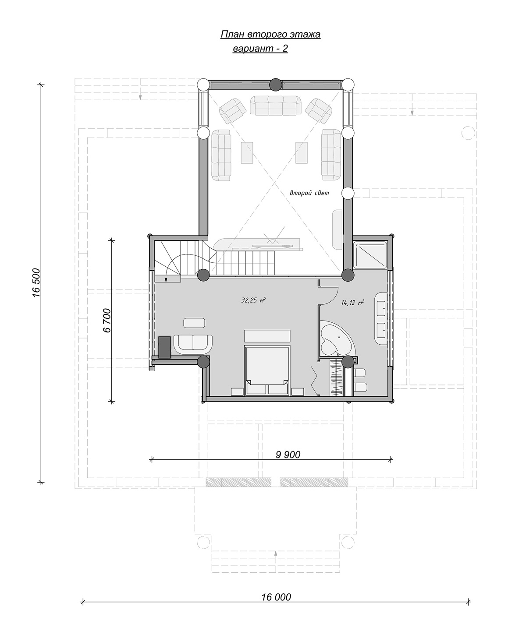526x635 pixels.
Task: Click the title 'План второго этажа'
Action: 270,35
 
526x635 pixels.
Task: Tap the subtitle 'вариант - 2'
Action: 260,49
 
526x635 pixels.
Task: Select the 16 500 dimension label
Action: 36,282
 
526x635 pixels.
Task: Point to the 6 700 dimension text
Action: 107,321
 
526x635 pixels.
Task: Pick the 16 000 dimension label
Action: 276,597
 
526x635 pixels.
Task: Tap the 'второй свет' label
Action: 309,193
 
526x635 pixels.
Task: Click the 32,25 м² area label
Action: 253,300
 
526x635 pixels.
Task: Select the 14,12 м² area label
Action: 352,303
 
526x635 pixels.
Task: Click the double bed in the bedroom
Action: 267,370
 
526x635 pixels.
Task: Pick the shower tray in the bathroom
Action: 370,255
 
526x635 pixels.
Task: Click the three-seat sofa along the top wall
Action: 275,106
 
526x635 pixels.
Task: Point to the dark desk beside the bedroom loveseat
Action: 165,347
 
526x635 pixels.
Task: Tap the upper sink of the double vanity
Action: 381,308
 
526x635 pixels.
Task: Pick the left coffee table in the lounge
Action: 247,153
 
